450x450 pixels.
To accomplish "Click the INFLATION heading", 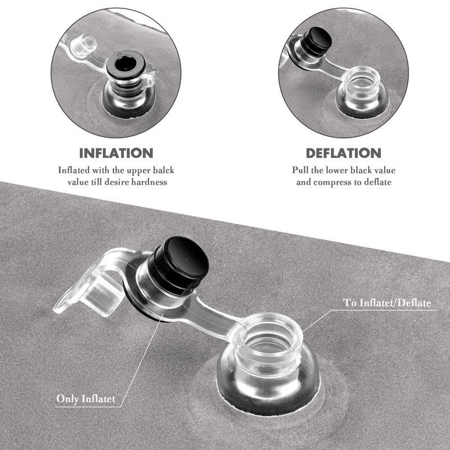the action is [116, 153].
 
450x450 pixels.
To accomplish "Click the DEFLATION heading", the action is [344, 153].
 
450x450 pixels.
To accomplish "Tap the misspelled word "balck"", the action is [163, 170].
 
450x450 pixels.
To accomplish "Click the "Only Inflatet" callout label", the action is [86, 399].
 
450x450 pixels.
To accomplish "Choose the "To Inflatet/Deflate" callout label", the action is [387, 303].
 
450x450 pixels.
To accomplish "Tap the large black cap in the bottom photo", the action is [178, 265].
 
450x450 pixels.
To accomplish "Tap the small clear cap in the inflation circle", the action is [83, 45].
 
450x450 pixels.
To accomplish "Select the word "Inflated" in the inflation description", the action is [74, 170].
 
